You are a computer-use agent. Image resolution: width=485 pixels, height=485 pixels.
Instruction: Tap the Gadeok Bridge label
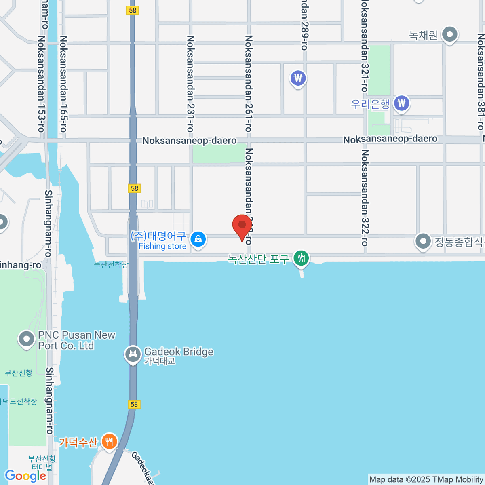(179, 352)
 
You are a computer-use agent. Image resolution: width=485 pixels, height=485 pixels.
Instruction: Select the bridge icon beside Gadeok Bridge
(132, 354)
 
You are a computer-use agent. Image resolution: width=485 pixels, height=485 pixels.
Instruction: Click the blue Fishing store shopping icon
(198, 239)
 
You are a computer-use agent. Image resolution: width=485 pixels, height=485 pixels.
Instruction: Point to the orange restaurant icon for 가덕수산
(109, 441)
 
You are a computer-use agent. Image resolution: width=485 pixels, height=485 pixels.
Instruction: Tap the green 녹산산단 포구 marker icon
(301, 258)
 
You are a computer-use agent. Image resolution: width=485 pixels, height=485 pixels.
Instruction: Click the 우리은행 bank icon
(401, 103)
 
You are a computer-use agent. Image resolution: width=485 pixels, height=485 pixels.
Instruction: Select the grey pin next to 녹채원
(449, 35)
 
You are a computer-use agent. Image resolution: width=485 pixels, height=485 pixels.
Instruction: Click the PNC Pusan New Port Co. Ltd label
(76, 340)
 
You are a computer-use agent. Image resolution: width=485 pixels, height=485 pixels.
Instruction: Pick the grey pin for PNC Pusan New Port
(27, 339)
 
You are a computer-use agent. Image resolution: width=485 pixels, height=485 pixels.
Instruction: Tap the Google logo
(25, 476)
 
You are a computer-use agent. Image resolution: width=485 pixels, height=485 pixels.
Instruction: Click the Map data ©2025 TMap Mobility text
(426, 479)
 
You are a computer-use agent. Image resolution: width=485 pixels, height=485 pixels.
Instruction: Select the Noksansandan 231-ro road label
(190, 84)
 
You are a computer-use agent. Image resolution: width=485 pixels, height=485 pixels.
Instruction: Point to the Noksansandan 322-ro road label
(365, 198)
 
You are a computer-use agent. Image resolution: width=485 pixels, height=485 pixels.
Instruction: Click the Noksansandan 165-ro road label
(63, 84)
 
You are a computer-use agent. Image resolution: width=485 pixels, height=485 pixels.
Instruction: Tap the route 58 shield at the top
(133, 10)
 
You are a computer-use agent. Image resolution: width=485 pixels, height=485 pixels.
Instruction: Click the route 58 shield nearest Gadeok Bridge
(134, 404)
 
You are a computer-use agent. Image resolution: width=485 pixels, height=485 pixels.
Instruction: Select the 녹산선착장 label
(111, 265)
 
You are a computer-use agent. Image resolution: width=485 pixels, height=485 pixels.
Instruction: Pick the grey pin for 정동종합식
(423, 241)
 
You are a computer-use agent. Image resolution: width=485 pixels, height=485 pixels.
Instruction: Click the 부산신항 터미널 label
(42, 463)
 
